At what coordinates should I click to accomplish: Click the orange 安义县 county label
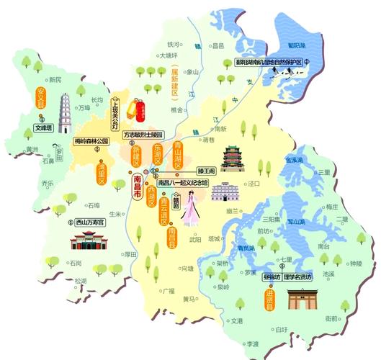click(41, 98)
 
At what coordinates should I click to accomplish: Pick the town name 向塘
click(188, 268)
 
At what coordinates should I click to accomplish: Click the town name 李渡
click(251, 344)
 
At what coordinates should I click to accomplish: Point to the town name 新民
click(54, 79)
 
